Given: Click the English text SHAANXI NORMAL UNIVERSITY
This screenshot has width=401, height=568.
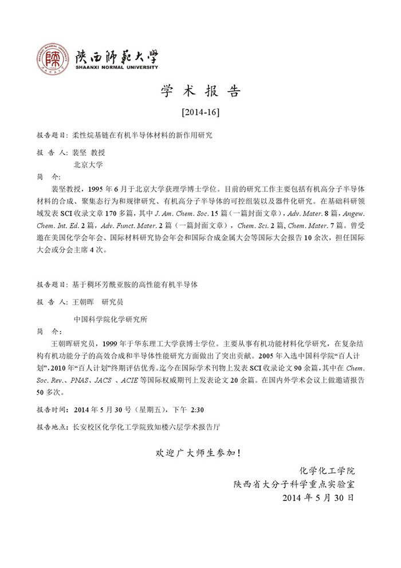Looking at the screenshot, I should point(117,67).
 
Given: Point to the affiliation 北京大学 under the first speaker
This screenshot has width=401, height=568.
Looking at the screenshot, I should point(88,164).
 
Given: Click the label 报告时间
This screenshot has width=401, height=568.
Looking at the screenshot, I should point(52,411).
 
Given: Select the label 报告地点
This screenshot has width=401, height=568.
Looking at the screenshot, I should point(52,427).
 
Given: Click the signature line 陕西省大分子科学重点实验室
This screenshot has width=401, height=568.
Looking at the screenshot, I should point(294,484).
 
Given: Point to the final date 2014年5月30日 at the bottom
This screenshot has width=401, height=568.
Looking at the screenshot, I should point(319,497).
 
